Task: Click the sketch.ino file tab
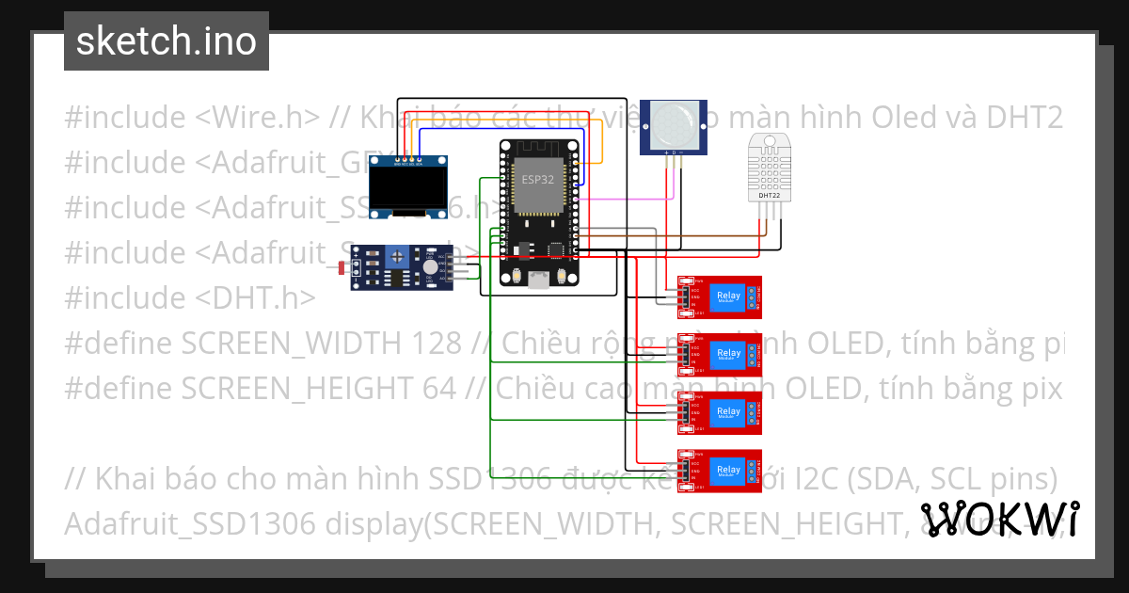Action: click(x=166, y=41)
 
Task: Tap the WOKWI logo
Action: click(x=999, y=519)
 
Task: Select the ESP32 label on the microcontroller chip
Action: click(x=537, y=178)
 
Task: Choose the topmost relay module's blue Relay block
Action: click(x=728, y=296)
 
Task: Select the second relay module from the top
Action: click(x=719, y=355)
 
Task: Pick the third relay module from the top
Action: click(x=719, y=412)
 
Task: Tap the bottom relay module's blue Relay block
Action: click(x=728, y=470)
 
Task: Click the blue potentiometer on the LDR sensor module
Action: click(x=400, y=254)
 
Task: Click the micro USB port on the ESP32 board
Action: click(x=538, y=279)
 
